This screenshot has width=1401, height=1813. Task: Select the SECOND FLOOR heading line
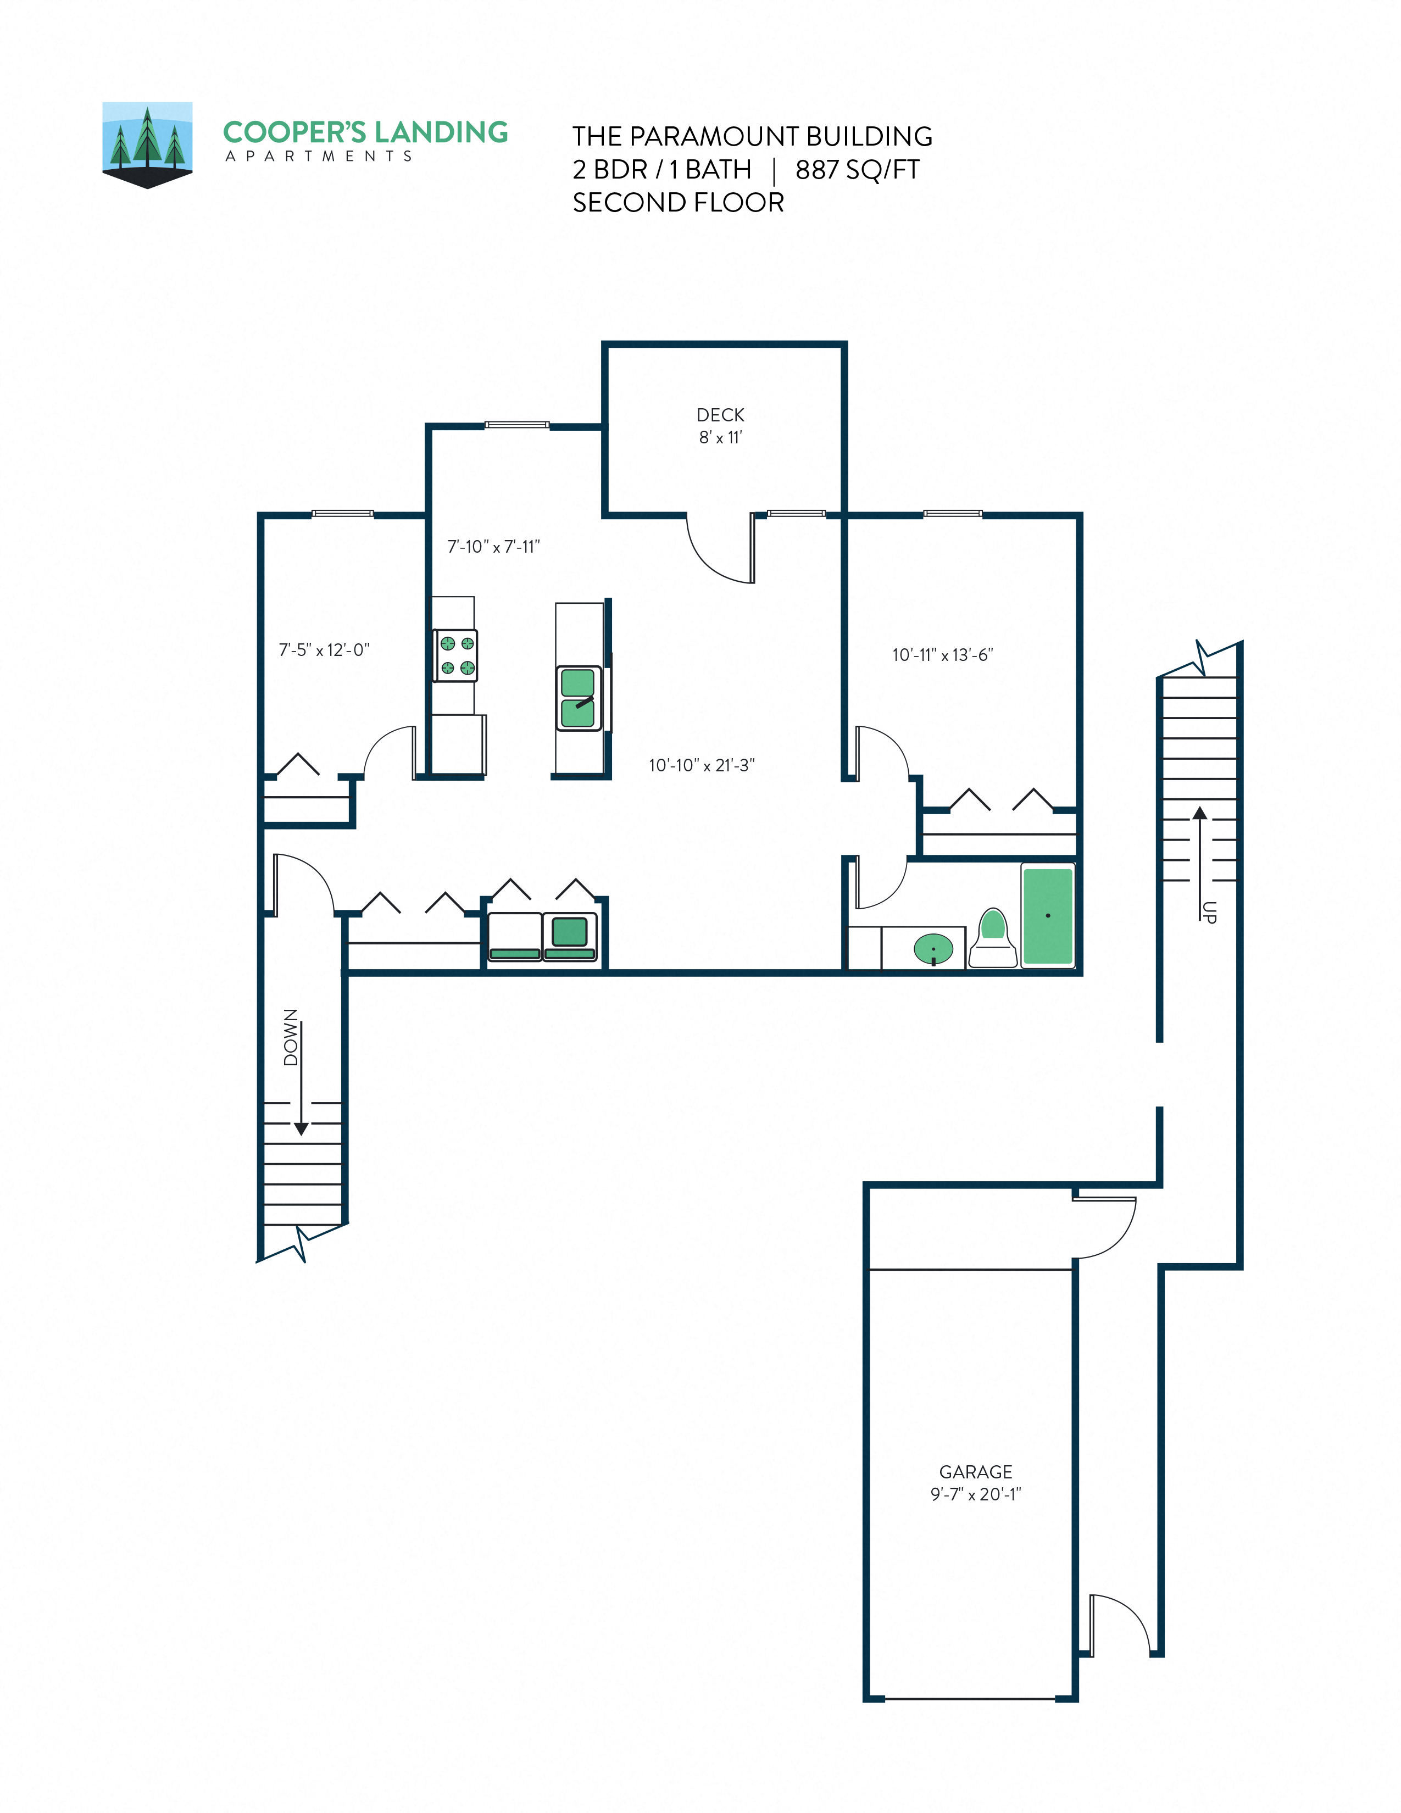pos(677,203)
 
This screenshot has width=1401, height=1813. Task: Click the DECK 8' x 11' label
pos(720,425)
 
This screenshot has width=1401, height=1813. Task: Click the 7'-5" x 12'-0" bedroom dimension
pos(324,650)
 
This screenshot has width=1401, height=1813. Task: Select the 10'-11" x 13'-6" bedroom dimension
pos(942,655)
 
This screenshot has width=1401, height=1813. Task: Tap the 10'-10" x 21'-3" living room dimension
pos(702,765)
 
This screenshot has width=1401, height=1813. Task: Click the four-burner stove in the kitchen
pos(455,655)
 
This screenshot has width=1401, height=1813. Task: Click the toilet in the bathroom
pos(993,939)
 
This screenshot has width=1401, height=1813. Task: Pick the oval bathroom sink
pos(933,948)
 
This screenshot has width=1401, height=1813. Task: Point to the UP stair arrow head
pos(1199,812)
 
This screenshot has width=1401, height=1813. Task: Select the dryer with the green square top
pos(569,936)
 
